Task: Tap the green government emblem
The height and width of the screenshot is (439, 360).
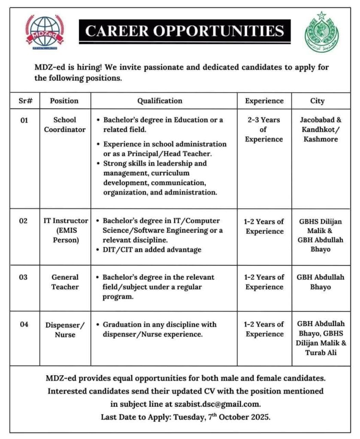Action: [321, 32]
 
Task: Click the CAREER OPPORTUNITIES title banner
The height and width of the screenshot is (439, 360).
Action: [185, 31]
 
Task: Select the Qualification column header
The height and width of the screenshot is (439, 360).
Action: [160, 101]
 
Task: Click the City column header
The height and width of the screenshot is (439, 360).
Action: [318, 101]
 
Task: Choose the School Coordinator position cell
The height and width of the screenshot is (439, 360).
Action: [65, 125]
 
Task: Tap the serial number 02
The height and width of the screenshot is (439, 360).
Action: [23, 221]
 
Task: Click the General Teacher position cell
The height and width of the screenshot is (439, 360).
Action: [65, 282]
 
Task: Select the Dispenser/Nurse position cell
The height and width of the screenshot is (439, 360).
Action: [65, 330]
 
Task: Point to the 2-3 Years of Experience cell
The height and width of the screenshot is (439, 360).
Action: [264, 129]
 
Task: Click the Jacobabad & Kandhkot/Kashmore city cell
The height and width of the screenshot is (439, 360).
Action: [318, 129]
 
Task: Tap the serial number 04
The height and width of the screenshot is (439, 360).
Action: [23, 325]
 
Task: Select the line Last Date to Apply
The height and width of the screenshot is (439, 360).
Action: [185, 416]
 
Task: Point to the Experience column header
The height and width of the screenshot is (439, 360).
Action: [264, 101]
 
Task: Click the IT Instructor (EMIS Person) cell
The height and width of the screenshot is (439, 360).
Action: [65, 231]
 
